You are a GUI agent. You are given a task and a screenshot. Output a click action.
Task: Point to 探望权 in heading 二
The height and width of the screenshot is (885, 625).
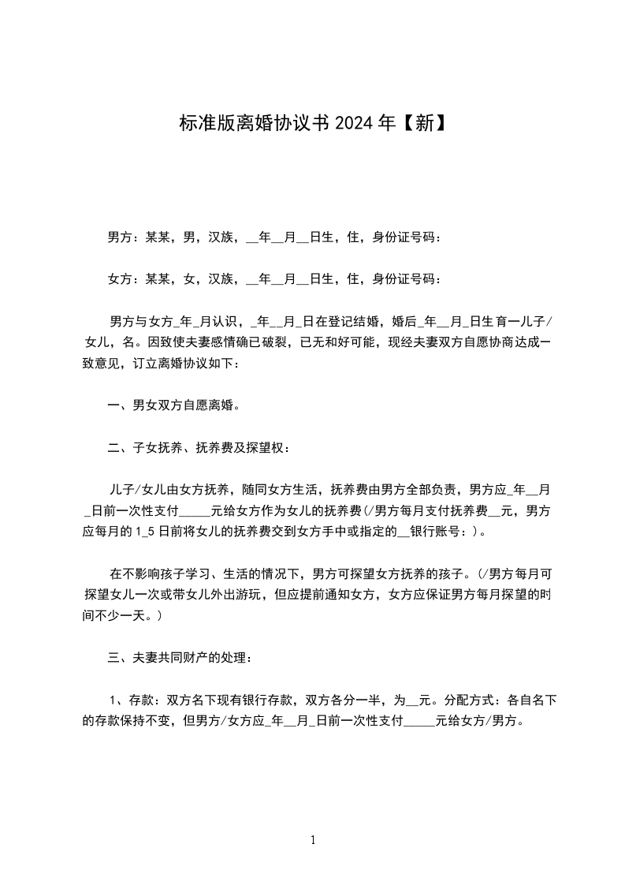(x=268, y=449)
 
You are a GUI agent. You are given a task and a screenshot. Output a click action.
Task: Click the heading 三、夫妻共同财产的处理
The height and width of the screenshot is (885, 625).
(x=180, y=658)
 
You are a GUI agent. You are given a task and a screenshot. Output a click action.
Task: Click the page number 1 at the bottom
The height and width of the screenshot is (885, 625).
(x=313, y=841)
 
